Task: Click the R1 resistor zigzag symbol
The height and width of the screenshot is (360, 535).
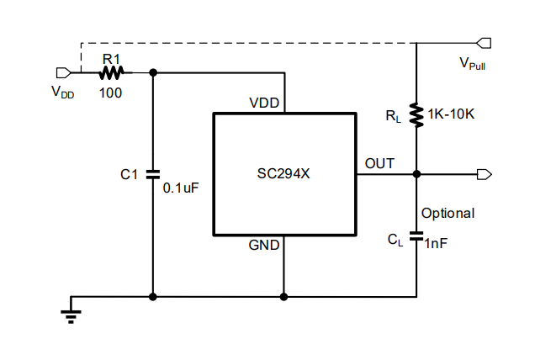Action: (x=111, y=72)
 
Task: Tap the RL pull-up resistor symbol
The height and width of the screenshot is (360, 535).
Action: (x=416, y=114)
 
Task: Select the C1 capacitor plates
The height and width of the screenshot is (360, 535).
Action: (x=153, y=175)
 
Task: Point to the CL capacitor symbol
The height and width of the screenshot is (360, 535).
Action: (x=416, y=238)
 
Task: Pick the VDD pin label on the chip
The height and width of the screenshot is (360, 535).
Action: (x=265, y=103)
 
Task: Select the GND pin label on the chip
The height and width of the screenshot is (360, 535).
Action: (x=265, y=246)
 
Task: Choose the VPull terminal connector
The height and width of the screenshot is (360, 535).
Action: (x=484, y=42)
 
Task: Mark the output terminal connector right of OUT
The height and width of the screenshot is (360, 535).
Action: (x=484, y=174)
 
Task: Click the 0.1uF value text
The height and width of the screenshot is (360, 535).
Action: (x=181, y=188)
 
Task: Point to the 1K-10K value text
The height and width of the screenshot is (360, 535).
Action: (x=451, y=114)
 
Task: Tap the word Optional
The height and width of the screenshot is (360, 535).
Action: (x=448, y=214)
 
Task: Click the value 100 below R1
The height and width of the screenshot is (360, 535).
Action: (x=110, y=93)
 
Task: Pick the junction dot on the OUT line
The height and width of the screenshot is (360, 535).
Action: (x=416, y=174)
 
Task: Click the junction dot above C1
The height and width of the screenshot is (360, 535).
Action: (x=153, y=72)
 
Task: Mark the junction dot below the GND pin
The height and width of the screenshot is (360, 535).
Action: (x=283, y=296)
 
